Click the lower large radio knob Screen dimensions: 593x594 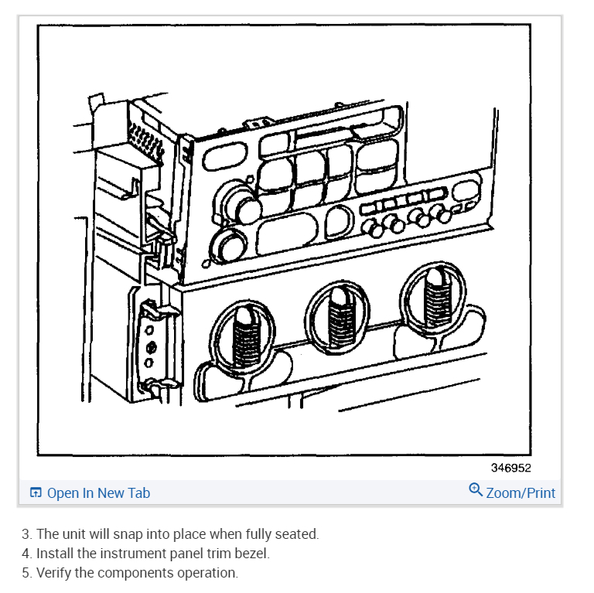point(224,246)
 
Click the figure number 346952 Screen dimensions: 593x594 point(510,468)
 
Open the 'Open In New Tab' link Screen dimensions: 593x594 point(98,493)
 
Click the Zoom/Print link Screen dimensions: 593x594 point(521,493)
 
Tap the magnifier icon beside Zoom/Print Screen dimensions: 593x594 point(476,490)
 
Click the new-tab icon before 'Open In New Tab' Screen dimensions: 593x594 point(36,493)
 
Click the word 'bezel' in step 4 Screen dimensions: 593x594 point(252,554)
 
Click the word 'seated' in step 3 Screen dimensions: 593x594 point(297,534)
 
